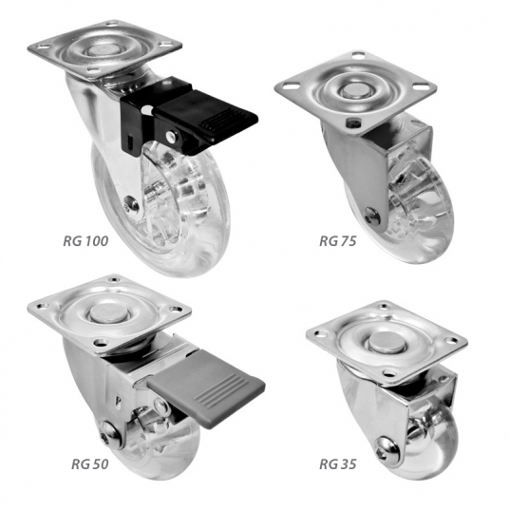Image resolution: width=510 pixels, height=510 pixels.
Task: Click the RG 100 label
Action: click(x=85, y=241)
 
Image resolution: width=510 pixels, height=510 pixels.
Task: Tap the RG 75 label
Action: click(x=337, y=241)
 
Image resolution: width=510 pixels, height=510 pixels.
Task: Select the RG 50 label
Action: click(x=90, y=464)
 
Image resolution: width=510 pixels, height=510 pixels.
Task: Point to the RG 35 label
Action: click(x=337, y=464)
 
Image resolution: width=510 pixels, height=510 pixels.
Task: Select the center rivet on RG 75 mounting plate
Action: click(x=353, y=90)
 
